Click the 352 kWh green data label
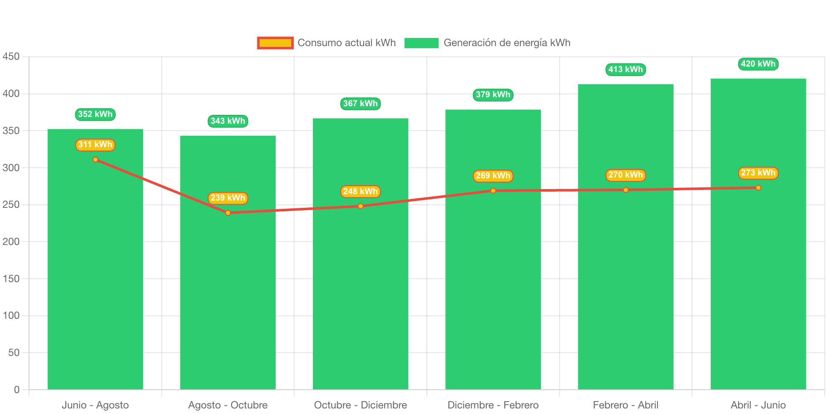point(95,114)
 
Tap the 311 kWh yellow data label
point(95,145)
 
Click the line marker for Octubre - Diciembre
point(361,206)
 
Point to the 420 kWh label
point(758,64)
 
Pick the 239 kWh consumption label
point(228,198)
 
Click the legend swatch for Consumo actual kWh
point(275,43)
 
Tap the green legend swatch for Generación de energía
point(421,43)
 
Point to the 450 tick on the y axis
point(11,57)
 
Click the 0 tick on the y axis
point(17,390)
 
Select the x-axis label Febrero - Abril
point(625,405)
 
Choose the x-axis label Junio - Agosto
point(95,405)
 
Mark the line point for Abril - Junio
point(758,188)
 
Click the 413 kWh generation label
point(625,70)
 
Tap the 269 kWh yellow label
point(493,176)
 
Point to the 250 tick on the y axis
point(11,205)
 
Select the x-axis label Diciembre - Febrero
point(493,405)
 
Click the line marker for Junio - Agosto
point(95,160)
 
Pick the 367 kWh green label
point(360,104)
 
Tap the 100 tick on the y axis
point(11,316)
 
